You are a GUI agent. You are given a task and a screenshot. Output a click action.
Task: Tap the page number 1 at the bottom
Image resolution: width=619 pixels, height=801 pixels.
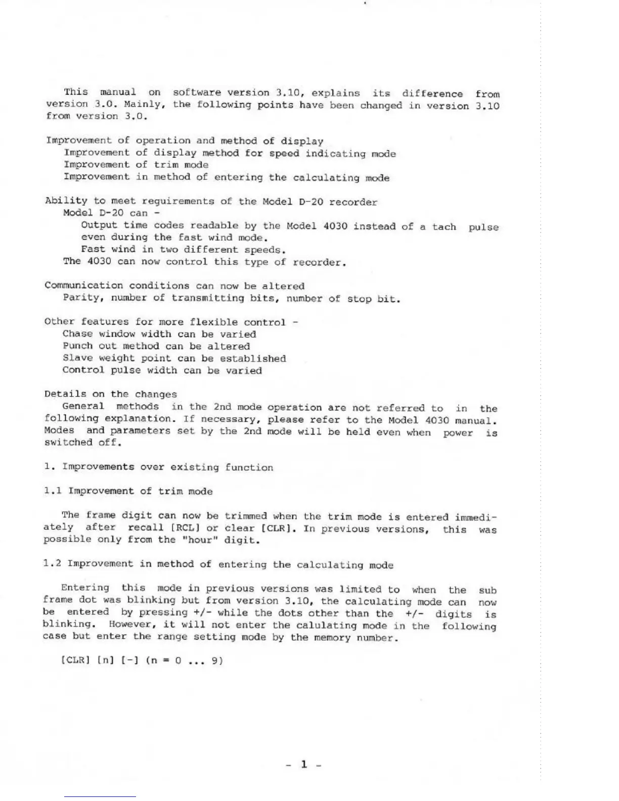[x=304, y=764]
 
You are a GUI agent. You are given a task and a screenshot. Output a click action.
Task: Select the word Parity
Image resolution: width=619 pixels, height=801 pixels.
[x=81, y=297]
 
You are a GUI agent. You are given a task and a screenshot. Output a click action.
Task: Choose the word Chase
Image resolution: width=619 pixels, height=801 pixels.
[x=77, y=334]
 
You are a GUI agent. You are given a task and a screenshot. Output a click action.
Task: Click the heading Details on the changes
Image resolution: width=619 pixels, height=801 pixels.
[x=111, y=394]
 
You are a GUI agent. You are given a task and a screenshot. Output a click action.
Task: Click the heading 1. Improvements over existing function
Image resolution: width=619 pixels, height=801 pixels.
[x=159, y=467]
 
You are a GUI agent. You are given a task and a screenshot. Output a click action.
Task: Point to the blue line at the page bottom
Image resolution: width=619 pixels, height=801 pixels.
[x=100, y=796]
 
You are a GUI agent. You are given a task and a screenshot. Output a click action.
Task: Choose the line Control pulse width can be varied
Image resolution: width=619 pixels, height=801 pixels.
[x=162, y=370]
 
